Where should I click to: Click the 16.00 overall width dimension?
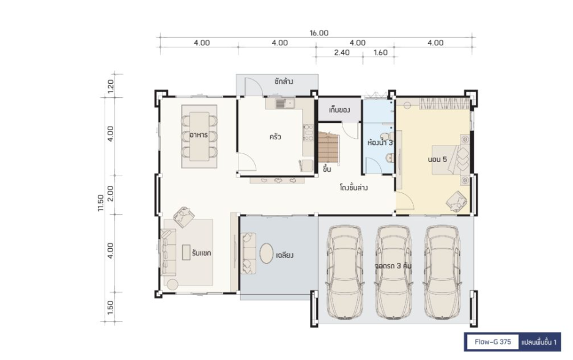coord(319,33)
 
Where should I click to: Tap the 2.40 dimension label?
coord(342,53)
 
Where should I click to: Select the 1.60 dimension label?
coord(380,53)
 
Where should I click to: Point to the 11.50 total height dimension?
coord(101,203)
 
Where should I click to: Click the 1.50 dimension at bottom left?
coord(110,307)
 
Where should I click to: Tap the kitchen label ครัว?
coord(275,137)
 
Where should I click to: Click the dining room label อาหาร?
coord(199,135)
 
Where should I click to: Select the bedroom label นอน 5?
coord(437,159)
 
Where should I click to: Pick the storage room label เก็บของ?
coord(339,109)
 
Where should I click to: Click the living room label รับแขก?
coord(201,253)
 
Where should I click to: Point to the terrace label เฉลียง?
coord(284,255)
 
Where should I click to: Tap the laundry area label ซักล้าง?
coord(284,81)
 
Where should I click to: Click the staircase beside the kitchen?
coord(329,147)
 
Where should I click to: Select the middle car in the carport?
coord(394,272)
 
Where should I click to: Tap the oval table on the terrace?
coord(267,253)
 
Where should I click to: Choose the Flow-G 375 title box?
coord(493,342)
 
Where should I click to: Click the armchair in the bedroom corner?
coord(456,201)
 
